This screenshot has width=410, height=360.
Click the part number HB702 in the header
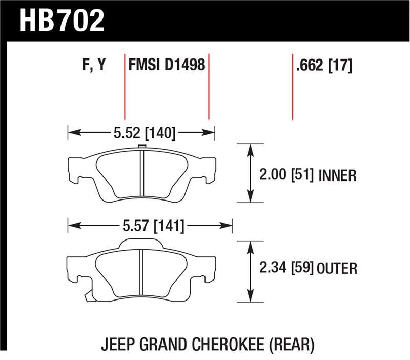(x=61, y=21)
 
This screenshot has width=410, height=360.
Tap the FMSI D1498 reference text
(x=167, y=66)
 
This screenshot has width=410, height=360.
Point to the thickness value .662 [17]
(x=323, y=66)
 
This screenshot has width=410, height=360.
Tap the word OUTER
(x=337, y=268)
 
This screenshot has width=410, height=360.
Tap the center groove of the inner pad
(x=142, y=174)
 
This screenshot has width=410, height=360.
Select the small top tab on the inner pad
(x=142, y=148)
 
